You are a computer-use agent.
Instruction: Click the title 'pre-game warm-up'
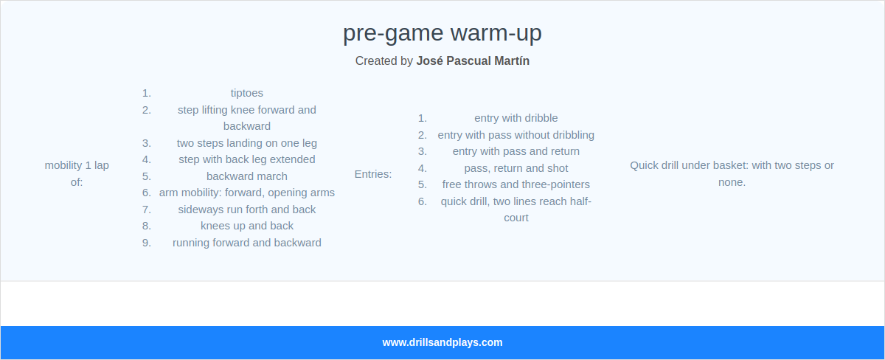coord(442,33)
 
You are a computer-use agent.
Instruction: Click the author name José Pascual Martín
coord(472,60)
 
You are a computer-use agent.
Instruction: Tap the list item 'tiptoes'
coord(246,93)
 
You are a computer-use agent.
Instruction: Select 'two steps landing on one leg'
coord(246,142)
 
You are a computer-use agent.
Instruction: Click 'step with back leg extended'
coord(246,159)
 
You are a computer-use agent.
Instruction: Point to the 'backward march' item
coord(246,176)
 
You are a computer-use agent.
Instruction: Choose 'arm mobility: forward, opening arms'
coord(246,193)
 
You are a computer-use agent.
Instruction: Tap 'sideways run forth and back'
coord(246,210)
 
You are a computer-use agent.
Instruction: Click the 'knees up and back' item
coord(246,226)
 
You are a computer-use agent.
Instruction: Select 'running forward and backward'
coord(246,243)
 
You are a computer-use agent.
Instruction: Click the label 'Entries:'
coord(373,174)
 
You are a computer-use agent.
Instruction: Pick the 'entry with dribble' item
coord(516,118)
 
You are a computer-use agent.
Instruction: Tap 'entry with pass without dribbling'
coord(516,135)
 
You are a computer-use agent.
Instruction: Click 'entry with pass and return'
coord(516,151)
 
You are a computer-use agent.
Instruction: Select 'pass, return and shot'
coord(516,168)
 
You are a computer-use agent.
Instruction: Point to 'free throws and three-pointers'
coord(516,184)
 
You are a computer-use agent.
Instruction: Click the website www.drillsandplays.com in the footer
coord(442,342)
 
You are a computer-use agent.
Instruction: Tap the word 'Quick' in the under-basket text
coord(644,165)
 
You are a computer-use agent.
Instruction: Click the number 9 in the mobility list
coord(146,243)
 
